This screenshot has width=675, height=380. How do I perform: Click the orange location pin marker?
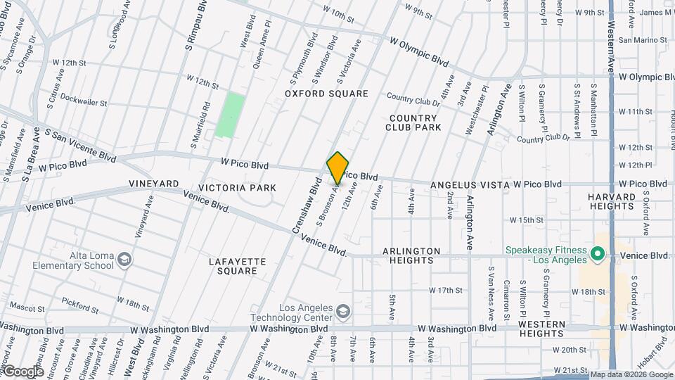[x=337, y=167]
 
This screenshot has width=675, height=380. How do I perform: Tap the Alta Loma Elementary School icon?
[x=124, y=260]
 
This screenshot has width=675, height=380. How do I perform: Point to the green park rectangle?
[x=231, y=115]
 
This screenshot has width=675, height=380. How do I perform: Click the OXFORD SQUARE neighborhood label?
[x=326, y=94]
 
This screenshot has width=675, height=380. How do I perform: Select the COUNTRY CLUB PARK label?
[x=413, y=122]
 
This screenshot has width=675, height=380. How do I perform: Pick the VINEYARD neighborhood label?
[x=154, y=184]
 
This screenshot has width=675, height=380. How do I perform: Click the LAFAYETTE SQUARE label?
[x=238, y=266]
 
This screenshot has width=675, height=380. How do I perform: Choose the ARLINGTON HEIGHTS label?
[x=411, y=255]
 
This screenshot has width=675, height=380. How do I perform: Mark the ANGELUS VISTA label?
[x=470, y=184]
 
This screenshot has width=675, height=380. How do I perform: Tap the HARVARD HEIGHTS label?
[x=612, y=201]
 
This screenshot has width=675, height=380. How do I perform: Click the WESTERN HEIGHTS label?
[x=541, y=329]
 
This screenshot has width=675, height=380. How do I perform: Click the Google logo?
[x=22, y=372]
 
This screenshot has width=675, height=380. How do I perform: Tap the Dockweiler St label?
[x=83, y=99]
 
